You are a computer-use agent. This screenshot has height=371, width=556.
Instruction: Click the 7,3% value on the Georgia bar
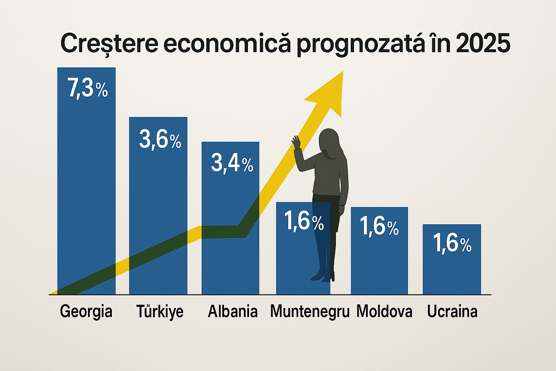[88, 88]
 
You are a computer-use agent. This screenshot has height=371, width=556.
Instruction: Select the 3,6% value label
[160, 140]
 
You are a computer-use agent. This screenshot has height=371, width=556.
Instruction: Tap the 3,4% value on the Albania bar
[232, 163]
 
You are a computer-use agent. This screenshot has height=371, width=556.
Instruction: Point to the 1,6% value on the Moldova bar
[379, 227]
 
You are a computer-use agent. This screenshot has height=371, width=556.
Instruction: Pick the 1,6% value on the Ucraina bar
[452, 243]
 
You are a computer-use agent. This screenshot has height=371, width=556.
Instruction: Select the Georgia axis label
[86, 312]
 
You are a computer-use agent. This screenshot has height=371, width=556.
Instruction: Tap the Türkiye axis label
[160, 312]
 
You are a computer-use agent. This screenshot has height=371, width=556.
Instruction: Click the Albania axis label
[233, 312]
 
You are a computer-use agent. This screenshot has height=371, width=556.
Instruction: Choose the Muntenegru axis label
[310, 312]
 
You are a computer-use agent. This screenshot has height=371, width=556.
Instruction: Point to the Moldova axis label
[384, 312]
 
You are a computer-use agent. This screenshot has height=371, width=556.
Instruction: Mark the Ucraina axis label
[452, 312]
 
